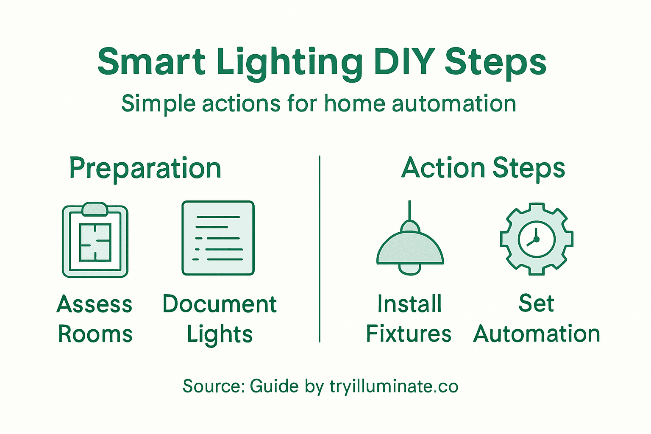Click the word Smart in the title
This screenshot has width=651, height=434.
(x=151, y=61)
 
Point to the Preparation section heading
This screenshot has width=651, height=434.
(x=145, y=169)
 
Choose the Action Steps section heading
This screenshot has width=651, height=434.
(x=483, y=168)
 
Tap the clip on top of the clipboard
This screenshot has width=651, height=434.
(x=95, y=208)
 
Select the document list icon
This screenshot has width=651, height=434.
(x=218, y=238)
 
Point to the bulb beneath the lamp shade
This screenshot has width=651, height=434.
(x=410, y=269)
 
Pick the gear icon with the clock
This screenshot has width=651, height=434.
(x=536, y=239)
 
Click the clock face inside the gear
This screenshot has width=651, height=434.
(x=536, y=239)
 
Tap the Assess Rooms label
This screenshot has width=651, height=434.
(x=95, y=319)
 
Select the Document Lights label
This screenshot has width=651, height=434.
(x=220, y=319)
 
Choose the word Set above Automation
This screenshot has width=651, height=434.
(x=536, y=303)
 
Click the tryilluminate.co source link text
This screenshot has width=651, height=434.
(x=394, y=386)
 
